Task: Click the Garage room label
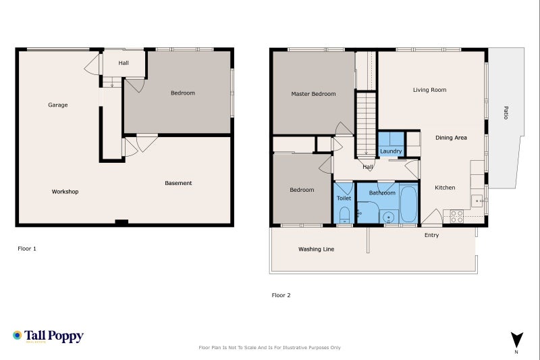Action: [x=58, y=105]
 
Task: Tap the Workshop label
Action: [x=65, y=192]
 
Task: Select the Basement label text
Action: [x=178, y=183]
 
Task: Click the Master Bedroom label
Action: [x=313, y=94]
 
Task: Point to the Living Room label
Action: [x=429, y=90]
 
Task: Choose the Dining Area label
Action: [x=451, y=138]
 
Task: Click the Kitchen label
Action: [x=445, y=187]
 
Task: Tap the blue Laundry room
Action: [x=391, y=144]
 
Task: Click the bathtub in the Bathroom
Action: [x=409, y=204]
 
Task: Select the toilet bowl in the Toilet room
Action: [x=345, y=215]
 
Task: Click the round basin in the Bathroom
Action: [x=389, y=217]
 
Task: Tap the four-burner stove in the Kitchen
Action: [x=457, y=217]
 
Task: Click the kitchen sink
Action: [x=477, y=201]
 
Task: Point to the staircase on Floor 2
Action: [x=366, y=125]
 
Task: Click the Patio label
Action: [x=506, y=113]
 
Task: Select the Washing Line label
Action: [x=316, y=249]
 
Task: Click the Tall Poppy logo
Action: [x=48, y=336]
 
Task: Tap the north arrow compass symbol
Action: [x=516, y=340]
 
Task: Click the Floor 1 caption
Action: [x=27, y=249]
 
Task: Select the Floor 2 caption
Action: [x=281, y=295]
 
